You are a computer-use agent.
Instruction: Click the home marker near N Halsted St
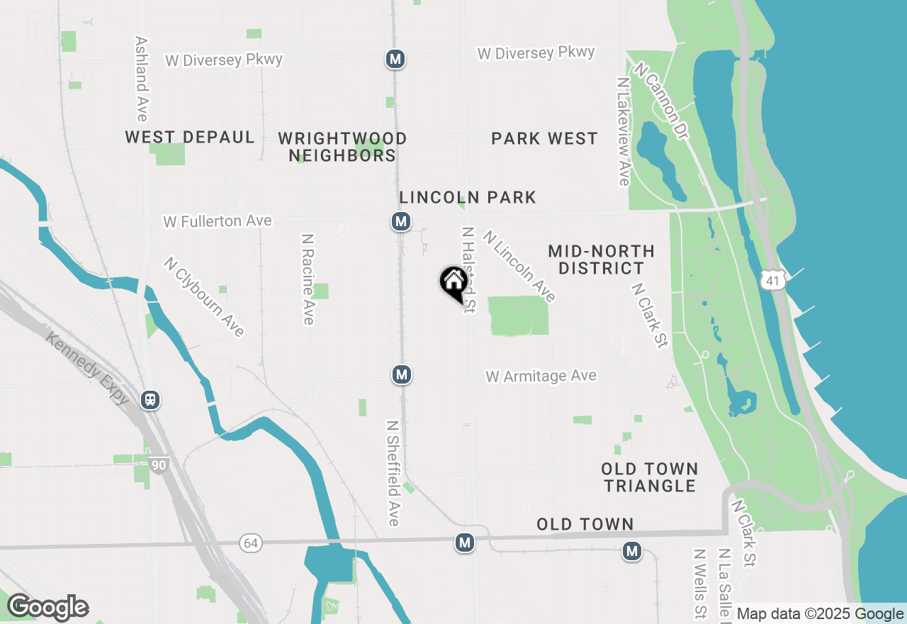click(453, 283)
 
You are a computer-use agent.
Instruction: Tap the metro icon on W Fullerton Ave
click(401, 222)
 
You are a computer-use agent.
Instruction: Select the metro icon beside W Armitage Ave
click(402, 374)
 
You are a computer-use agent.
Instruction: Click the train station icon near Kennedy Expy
click(150, 400)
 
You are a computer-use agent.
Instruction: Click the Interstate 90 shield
click(159, 466)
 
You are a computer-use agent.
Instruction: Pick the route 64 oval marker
click(251, 543)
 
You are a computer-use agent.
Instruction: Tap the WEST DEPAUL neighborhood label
click(190, 138)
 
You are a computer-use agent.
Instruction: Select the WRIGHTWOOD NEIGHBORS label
click(342, 147)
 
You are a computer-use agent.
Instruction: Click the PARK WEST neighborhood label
click(544, 138)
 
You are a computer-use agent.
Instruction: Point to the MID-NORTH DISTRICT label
click(601, 260)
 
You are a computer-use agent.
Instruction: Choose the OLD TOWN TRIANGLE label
click(650, 477)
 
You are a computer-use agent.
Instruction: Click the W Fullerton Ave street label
click(218, 222)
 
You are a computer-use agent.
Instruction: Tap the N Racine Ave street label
click(308, 279)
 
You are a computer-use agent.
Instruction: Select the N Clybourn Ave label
click(204, 296)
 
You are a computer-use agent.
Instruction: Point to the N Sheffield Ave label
click(393, 473)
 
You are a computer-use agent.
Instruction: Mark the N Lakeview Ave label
click(624, 132)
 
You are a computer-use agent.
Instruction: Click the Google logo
click(47, 608)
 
